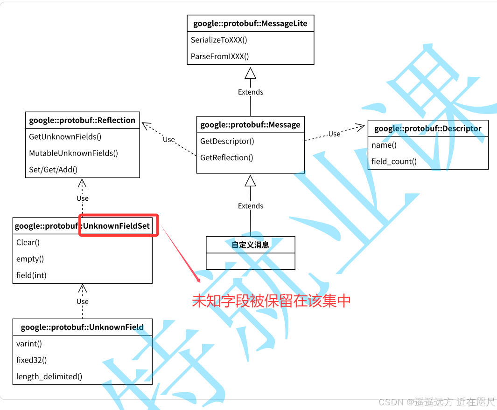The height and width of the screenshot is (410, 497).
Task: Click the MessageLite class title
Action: coord(250,23)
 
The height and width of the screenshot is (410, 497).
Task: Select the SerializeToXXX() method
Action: coord(219,40)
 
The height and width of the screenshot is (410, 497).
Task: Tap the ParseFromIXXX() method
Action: coord(220,56)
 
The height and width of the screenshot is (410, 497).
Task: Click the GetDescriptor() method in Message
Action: coord(227,141)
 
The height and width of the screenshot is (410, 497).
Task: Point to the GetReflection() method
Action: coord(227,157)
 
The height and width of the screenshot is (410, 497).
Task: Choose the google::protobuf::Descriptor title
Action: coord(427,129)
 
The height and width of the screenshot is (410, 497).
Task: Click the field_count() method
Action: coord(394,161)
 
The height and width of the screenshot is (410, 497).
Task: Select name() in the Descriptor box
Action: coord(384,145)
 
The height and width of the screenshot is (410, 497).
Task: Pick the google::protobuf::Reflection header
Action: coord(82,120)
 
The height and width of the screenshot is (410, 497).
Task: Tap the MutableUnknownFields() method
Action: coord(74,153)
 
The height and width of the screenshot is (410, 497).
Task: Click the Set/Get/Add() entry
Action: coord(53,170)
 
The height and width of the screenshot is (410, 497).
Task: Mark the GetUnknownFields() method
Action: coord(65,137)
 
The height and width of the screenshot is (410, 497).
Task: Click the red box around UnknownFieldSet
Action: coord(119,225)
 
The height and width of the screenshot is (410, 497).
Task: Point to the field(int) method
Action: coord(31,275)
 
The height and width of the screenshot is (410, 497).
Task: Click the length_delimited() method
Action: coord(49,376)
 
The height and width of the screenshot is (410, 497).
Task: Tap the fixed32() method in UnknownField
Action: coord(32,360)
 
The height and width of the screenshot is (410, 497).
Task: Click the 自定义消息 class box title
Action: coord(250,245)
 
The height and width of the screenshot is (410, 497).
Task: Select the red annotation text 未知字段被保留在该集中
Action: coord(271,301)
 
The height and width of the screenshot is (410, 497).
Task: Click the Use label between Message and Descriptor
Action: coord(334,134)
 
